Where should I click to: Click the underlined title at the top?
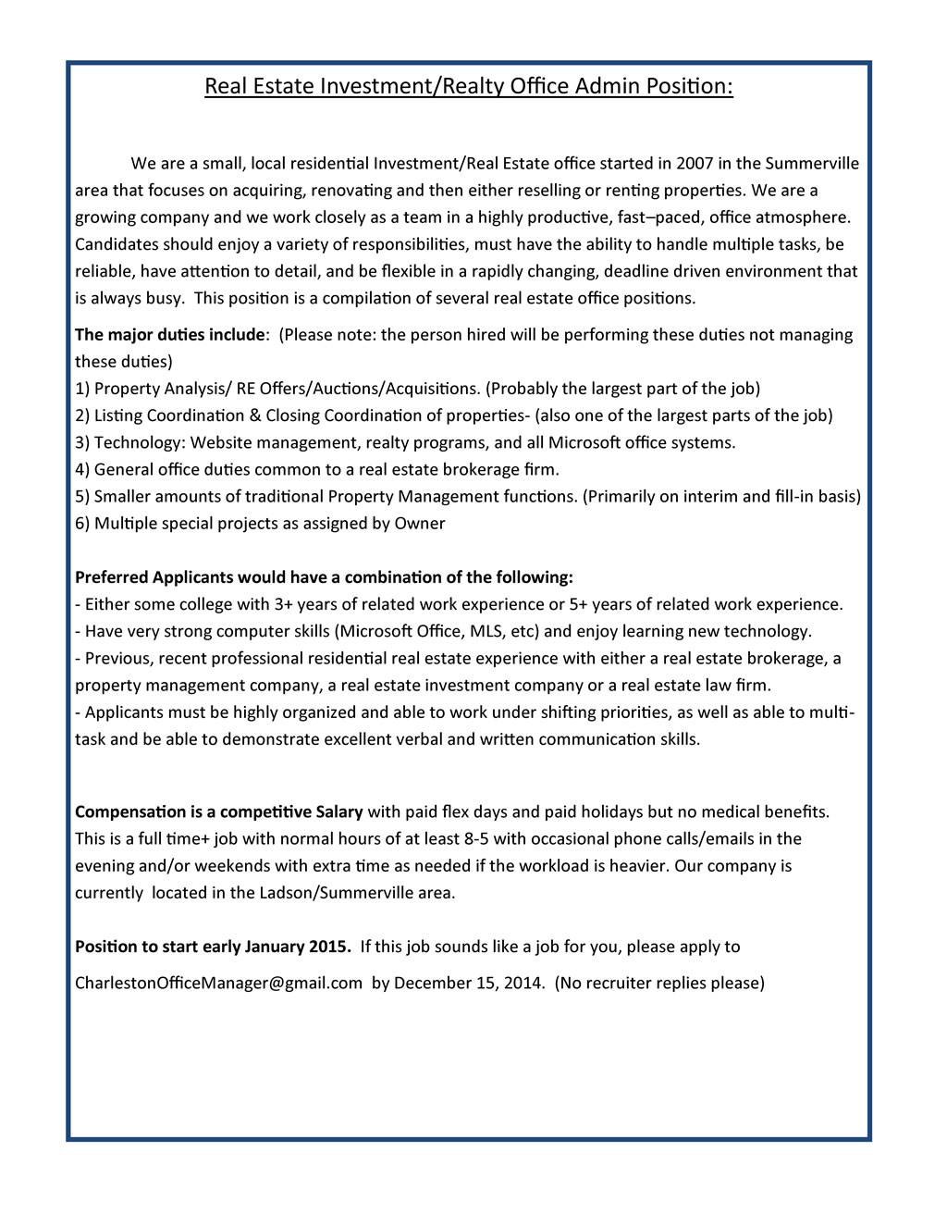point(468,87)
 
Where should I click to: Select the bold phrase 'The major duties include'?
point(170,335)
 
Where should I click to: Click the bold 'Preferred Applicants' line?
point(324,577)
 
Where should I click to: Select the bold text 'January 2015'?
point(298,947)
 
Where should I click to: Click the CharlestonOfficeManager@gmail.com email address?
point(218,983)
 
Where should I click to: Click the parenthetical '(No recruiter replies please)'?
point(659,983)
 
